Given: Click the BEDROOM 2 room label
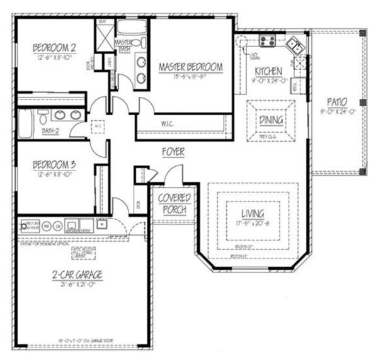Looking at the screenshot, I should tap(55, 47).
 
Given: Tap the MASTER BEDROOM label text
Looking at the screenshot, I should tap(190, 66).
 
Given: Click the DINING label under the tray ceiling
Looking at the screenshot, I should tap(270, 120).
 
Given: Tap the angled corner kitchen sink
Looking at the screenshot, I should tap(294, 45).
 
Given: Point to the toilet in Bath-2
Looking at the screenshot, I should tap(42, 117).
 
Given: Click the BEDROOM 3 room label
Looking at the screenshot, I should tap(55, 165).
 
